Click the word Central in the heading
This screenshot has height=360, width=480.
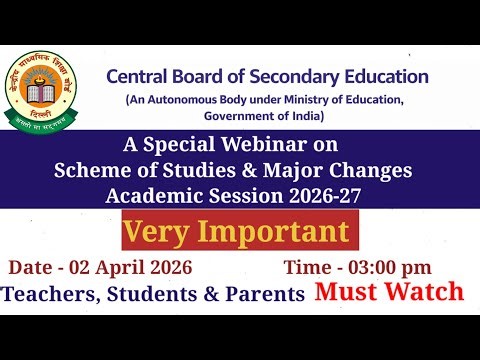[x=140, y=77]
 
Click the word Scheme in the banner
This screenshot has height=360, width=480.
[x=87, y=171]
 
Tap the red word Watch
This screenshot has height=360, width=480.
[x=427, y=292]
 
